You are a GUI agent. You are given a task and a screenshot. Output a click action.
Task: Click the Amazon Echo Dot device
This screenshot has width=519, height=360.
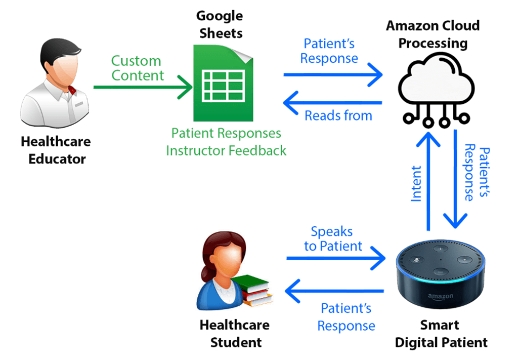[440, 273]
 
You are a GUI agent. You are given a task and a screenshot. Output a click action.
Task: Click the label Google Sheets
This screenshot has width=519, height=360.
[220, 24]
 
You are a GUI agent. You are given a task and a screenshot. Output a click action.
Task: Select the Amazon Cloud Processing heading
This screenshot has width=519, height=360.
[433, 34]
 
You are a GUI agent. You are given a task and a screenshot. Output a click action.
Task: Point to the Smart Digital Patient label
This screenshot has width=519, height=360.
[441, 334]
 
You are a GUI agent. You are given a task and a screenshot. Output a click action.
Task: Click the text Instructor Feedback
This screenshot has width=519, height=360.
[226, 150]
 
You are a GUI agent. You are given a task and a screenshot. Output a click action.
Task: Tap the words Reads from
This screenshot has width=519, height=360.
[338, 115]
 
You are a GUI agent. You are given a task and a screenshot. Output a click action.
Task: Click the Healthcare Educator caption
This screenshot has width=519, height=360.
[56, 150]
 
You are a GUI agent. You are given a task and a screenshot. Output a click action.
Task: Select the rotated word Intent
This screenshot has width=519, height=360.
[416, 183]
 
